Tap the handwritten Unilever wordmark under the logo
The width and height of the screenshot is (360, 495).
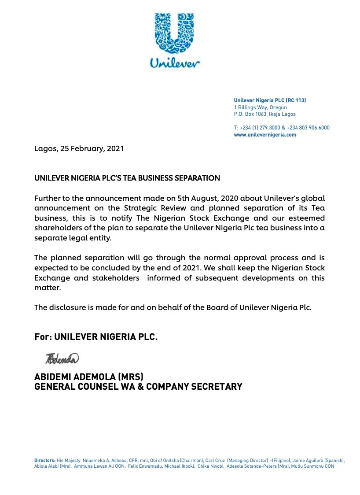coord(175,63)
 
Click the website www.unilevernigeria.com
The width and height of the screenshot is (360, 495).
coord(264,135)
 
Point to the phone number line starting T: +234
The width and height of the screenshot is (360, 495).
coord(281,128)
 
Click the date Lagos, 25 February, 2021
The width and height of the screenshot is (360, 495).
coord(79,148)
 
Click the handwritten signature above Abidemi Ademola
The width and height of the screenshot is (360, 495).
coord(62,358)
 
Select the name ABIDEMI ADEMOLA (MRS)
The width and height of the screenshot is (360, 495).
coord(89,377)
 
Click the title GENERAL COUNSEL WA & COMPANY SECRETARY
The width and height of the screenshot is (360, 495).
coord(138,387)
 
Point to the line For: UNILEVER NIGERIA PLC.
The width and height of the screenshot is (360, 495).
coord(96,337)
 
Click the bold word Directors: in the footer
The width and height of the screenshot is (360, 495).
coord(45,460)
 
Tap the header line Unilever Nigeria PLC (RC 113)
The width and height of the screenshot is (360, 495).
coord(270,100)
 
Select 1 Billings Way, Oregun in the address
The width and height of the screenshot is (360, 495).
coord(260,107)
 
